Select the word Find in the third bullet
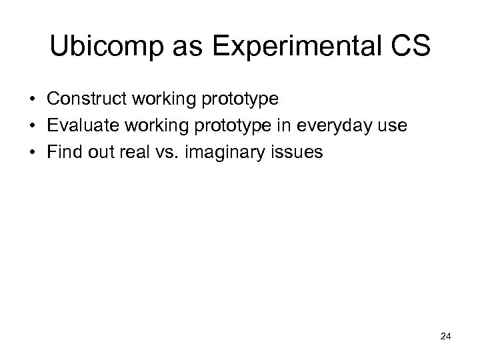click(63, 153)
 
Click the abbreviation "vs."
click(165, 153)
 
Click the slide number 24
click(446, 337)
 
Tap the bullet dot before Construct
click(32, 100)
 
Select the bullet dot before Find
click(32, 153)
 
